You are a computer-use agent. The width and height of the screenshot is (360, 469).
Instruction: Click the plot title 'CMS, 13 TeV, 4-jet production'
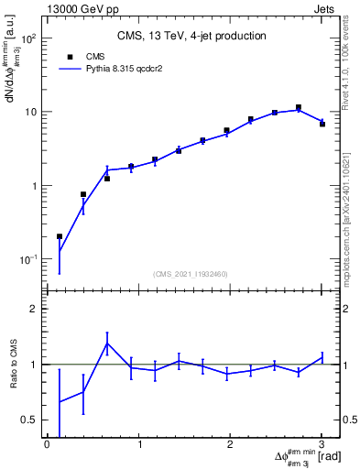191,37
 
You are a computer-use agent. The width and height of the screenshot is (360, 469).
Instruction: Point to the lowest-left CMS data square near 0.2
60,236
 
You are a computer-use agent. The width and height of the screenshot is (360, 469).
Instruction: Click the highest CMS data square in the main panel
298,107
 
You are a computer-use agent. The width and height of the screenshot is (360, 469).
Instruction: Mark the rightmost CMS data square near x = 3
322,124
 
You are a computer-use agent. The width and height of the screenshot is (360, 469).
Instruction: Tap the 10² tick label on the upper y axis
29,39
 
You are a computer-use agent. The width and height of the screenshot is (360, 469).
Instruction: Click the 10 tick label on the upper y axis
30,113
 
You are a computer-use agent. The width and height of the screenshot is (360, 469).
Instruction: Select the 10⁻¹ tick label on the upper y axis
28,259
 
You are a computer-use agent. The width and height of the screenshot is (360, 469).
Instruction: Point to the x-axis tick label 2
230,445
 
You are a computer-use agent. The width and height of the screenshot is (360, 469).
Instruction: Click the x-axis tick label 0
47,445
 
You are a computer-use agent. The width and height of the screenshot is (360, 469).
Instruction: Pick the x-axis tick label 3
322,445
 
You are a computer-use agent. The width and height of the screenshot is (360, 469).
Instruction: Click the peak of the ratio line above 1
107,344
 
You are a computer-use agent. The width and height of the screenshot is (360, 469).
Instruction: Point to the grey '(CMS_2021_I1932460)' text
191,274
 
